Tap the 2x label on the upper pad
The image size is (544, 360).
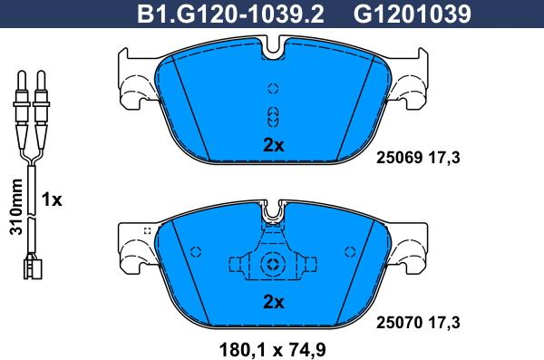coord(273,145)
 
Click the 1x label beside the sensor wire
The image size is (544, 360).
coord(53,200)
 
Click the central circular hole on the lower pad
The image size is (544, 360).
coord(273,265)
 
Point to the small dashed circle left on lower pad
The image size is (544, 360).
coord(195,251)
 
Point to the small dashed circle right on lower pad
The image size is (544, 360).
coord(349,251)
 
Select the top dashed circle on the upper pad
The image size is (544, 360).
coord(273,88)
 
